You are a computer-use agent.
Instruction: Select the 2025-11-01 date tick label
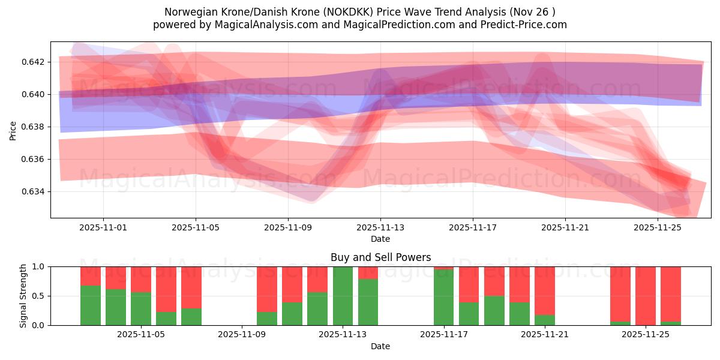[x=103, y=228]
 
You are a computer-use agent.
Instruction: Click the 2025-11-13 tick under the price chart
[x=380, y=228]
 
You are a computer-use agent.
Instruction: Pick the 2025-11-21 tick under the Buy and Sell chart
[x=545, y=335]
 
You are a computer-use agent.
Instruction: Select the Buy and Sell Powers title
[x=380, y=257]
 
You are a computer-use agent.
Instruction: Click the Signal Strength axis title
[x=24, y=296]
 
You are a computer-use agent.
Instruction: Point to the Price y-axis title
[x=13, y=130]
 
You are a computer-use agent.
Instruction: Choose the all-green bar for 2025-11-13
[x=343, y=296]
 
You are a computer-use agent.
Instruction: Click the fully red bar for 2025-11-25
[x=646, y=296]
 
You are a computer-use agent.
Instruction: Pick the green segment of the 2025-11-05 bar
[x=141, y=309]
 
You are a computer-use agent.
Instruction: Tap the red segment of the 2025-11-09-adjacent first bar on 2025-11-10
[x=267, y=289]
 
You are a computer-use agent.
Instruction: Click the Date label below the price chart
[x=380, y=239]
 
